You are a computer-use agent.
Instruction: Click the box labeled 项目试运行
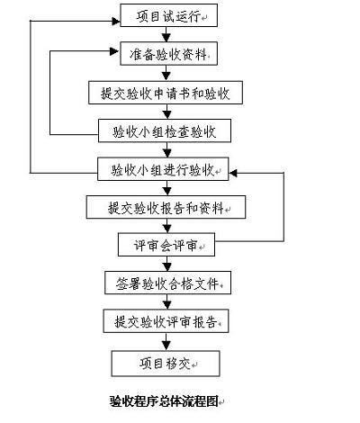pos(168,15)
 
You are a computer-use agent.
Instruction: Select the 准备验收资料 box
pos(168,53)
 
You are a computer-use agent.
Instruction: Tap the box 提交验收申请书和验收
pos(166,93)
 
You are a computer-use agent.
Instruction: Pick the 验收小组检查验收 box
pos(165,130)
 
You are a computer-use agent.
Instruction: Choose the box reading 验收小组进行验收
pos(163,169)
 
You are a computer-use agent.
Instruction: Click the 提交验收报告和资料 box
pos(166,207)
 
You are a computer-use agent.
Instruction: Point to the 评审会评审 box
pos(166,245)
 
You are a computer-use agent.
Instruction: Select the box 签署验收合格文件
pos(167,283)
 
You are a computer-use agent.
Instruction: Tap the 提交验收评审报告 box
pos(166,321)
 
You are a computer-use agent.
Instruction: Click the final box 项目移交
pos(166,364)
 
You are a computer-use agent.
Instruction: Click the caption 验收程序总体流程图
pos(164,401)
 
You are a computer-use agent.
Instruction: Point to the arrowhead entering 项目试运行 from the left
pos(116,21)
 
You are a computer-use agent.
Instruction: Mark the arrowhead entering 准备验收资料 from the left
pos(114,51)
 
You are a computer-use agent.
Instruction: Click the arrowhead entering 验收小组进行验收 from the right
pos(233,173)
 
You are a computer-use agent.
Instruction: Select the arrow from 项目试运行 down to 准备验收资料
pos(166,34)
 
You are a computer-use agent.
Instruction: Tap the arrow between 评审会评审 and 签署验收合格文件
pos(167,264)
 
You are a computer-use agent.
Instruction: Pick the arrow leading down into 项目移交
pos(166,342)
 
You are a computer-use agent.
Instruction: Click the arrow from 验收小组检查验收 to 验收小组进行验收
pos(167,150)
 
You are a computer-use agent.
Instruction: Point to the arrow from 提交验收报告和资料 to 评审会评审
pos(167,226)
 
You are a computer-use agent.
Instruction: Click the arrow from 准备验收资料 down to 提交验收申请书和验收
pos(166,73)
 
